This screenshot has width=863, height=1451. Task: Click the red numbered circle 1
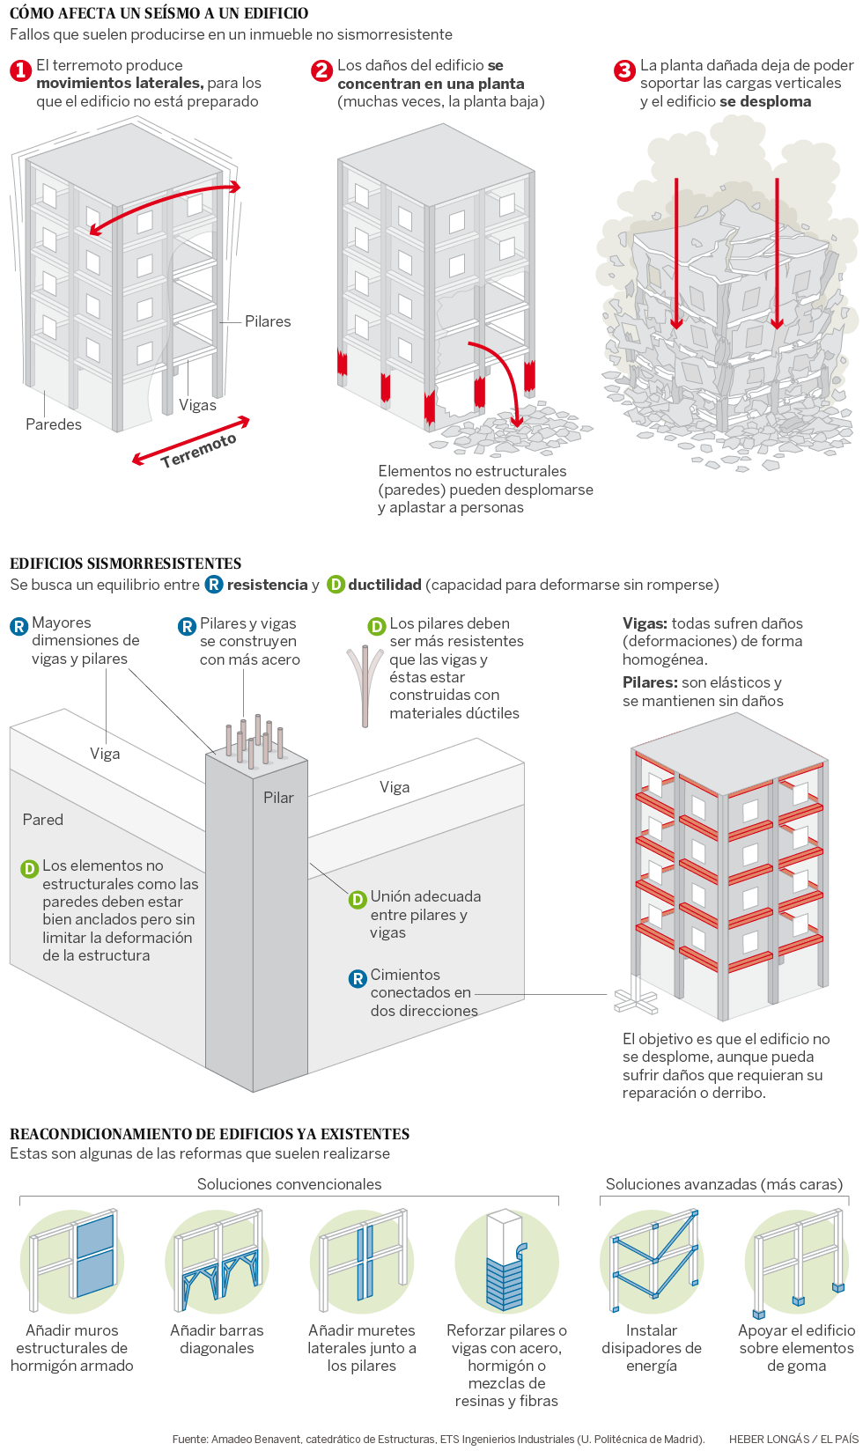(20, 70)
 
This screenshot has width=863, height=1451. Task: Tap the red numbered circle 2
(322, 70)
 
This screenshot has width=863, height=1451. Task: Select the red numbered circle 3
(624, 70)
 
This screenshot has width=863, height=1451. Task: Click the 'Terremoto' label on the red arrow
(198, 450)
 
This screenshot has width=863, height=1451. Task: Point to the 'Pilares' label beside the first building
(268, 321)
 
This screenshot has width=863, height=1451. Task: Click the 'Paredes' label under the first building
(54, 424)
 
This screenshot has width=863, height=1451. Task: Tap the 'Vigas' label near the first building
(197, 405)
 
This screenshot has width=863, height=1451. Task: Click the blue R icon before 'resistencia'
(214, 585)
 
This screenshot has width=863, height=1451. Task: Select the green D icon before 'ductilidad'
(336, 585)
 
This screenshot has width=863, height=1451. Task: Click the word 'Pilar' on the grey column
(278, 798)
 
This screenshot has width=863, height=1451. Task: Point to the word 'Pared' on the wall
(43, 820)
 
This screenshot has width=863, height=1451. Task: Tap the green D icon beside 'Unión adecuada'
(358, 899)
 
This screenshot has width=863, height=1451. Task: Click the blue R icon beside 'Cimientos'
(358, 978)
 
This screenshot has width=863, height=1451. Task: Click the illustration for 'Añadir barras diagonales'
(218, 1262)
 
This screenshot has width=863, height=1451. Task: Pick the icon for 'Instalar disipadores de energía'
(652, 1262)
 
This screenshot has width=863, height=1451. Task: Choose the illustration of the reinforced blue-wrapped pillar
(506, 1262)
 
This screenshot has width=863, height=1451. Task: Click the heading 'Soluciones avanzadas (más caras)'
(724, 1184)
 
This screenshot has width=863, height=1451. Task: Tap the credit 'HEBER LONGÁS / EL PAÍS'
(793, 1439)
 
